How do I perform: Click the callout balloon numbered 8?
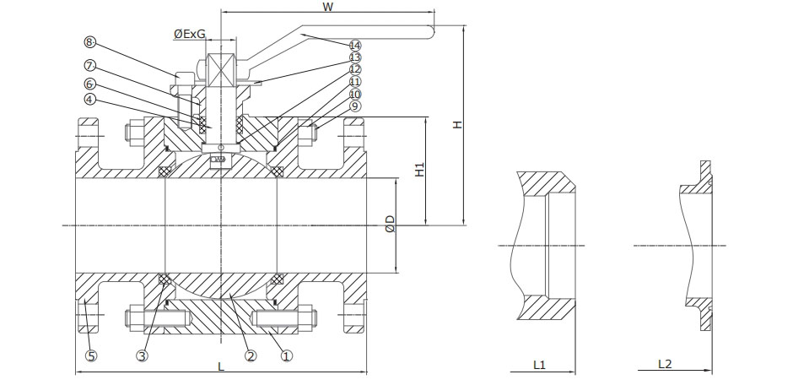point(90,41)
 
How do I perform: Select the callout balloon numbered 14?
point(355,45)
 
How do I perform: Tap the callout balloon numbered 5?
point(91,356)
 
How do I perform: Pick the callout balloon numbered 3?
point(143,356)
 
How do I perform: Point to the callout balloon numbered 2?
point(251,356)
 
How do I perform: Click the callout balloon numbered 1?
point(286,356)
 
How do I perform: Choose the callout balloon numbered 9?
point(355,106)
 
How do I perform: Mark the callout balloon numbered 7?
point(90,66)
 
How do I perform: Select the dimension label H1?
point(420,169)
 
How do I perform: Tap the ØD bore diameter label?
point(390,225)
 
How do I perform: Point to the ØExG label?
point(190,33)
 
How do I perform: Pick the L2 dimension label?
point(665,364)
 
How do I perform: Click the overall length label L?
point(220,366)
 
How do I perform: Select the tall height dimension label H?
point(457,124)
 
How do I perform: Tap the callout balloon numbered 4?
point(90,99)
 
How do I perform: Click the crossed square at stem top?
point(221,70)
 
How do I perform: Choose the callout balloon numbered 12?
point(355,69)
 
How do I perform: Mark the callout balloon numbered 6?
point(90,84)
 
